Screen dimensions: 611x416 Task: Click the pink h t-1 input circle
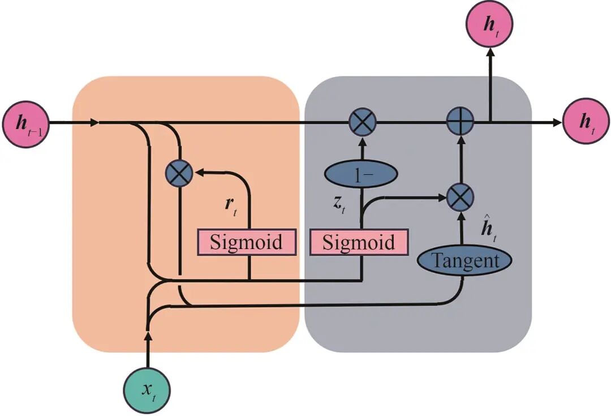[26, 124]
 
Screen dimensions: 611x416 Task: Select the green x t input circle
[147, 391]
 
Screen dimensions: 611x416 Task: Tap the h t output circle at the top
[489, 24]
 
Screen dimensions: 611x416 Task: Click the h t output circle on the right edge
[587, 121]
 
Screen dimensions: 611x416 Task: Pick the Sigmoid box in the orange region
[246, 242]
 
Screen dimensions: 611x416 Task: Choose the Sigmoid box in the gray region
[359, 242]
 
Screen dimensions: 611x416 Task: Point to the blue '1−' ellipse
[361, 174]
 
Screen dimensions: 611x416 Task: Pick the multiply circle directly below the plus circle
[460, 198]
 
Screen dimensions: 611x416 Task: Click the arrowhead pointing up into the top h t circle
[490, 52]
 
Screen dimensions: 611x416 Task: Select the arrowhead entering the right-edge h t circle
[558, 122]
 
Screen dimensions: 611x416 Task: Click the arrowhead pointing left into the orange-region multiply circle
[199, 172]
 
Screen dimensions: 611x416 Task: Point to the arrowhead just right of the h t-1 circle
[94, 123]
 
